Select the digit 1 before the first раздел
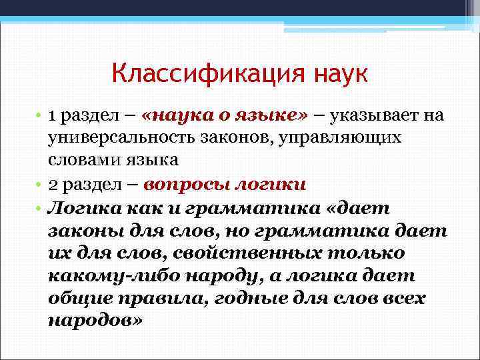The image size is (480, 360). (52, 115)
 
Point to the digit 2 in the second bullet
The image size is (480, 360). (53, 184)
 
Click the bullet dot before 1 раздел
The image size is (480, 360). (40, 117)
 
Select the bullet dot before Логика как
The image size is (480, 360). (40, 208)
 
